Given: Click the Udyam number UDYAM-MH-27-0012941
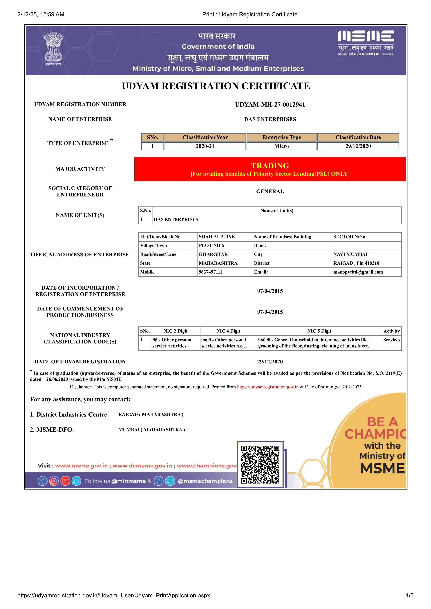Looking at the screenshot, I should click(270, 104).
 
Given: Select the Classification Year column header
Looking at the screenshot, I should click(205, 137).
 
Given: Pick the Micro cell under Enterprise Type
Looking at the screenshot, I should click(281, 146).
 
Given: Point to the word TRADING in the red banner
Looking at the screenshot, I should click(270, 166).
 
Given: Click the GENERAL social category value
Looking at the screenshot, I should click(270, 191).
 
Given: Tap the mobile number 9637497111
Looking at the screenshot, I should click(210, 272).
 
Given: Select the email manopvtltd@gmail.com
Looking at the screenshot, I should click(358, 272).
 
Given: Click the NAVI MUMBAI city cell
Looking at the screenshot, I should click(350, 254).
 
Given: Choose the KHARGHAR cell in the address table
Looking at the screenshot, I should click(213, 254).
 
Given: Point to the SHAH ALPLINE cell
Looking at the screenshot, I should click(217, 237).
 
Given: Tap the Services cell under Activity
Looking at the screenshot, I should click(391, 340).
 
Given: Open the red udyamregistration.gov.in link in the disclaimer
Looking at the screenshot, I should click(268, 387).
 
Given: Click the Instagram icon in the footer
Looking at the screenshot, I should click(54, 481).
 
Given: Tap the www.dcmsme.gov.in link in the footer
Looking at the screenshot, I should click(142, 466).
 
